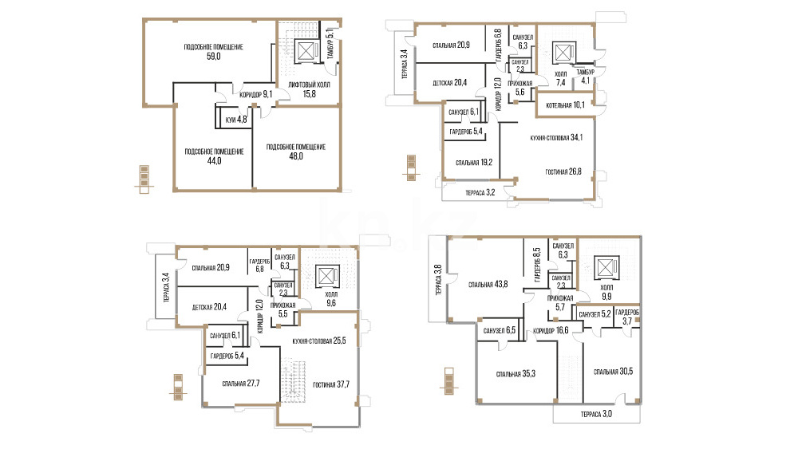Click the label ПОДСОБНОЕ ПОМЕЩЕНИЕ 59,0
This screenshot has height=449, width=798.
coord(214,52)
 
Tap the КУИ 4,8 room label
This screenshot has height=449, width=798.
coord(236,120)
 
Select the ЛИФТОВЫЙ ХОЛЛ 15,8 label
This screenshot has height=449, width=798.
coord(309,89)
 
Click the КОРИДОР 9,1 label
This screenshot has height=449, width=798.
coord(256,94)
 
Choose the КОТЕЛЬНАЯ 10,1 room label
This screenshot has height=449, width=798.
coord(565,105)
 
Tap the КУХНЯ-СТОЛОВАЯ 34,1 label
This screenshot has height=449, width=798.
coord(556,137)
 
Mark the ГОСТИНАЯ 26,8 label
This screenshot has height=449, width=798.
coord(563,172)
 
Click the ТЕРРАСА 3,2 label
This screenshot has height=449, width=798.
coord(480,193)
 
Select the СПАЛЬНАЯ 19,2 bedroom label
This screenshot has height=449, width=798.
coord(474,163)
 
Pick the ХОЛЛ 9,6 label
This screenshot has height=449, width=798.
coord(331,299)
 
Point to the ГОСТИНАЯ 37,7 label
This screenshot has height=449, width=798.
coord(331,384)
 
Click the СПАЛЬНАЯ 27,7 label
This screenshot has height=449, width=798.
coord(241,384)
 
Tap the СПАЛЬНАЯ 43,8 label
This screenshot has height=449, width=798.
coord(488,285)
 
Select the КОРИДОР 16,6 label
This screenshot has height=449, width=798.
coord(551,330)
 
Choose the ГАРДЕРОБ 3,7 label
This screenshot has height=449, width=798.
coord(627,317)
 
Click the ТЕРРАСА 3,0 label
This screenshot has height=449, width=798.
coord(596,415)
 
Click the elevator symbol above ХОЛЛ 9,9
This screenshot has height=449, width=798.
coord(607,267)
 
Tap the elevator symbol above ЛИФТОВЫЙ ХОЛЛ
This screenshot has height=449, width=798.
coord(306,51)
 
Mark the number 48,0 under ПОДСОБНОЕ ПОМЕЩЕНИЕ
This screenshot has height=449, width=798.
coord(296,156)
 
